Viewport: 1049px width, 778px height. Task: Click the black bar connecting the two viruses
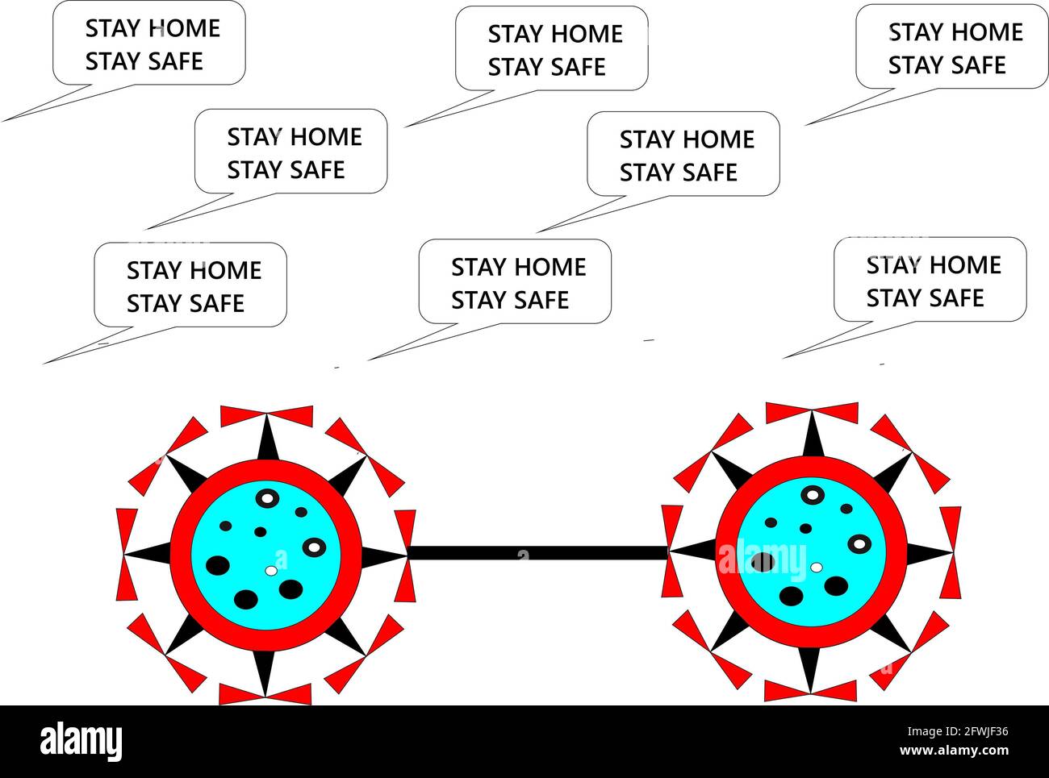click(x=537, y=553)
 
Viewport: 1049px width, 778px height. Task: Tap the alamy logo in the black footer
click(x=81, y=741)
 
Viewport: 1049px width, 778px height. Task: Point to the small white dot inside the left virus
click(x=271, y=571)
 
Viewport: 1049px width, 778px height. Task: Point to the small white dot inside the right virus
click(x=817, y=568)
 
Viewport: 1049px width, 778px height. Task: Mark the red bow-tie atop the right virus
click(x=812, y=412)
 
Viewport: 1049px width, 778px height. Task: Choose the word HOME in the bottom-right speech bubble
click(x=967, y=264)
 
